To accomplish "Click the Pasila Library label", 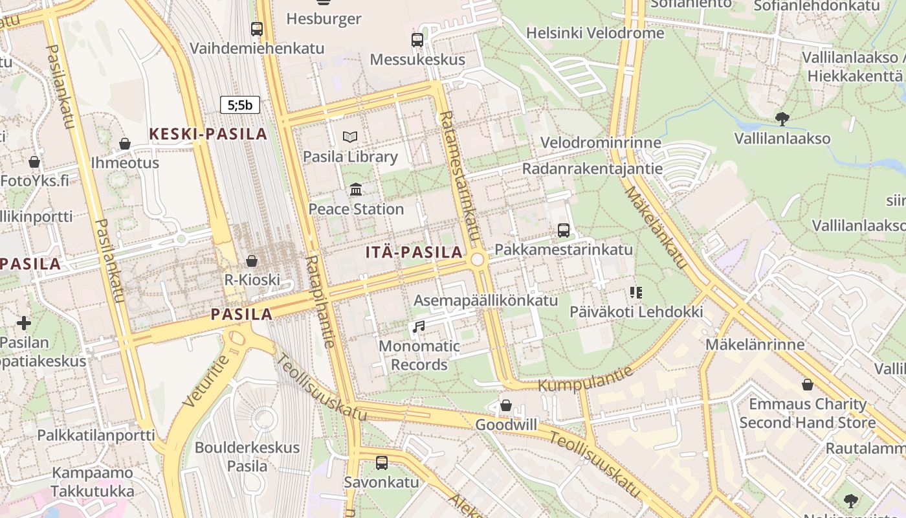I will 350,157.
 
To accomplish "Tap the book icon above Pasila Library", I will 350,137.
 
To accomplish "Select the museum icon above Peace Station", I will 356,190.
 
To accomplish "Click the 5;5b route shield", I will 239,105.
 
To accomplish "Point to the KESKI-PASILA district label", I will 208,134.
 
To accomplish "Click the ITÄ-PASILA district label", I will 414,253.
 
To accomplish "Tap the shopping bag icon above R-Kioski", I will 252,261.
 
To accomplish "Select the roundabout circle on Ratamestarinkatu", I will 478,260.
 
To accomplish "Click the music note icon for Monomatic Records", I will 419,327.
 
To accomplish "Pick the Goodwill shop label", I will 506,425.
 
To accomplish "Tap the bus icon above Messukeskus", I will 417,40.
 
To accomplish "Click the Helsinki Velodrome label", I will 595,33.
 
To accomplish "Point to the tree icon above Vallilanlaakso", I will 782,118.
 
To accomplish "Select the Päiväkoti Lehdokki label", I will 636,311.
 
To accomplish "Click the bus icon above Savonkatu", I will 382,463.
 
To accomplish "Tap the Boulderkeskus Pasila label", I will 247,456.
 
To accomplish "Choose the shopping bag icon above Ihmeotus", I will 125,144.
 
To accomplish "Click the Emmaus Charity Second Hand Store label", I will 807,413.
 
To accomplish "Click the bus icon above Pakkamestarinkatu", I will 563,231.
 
